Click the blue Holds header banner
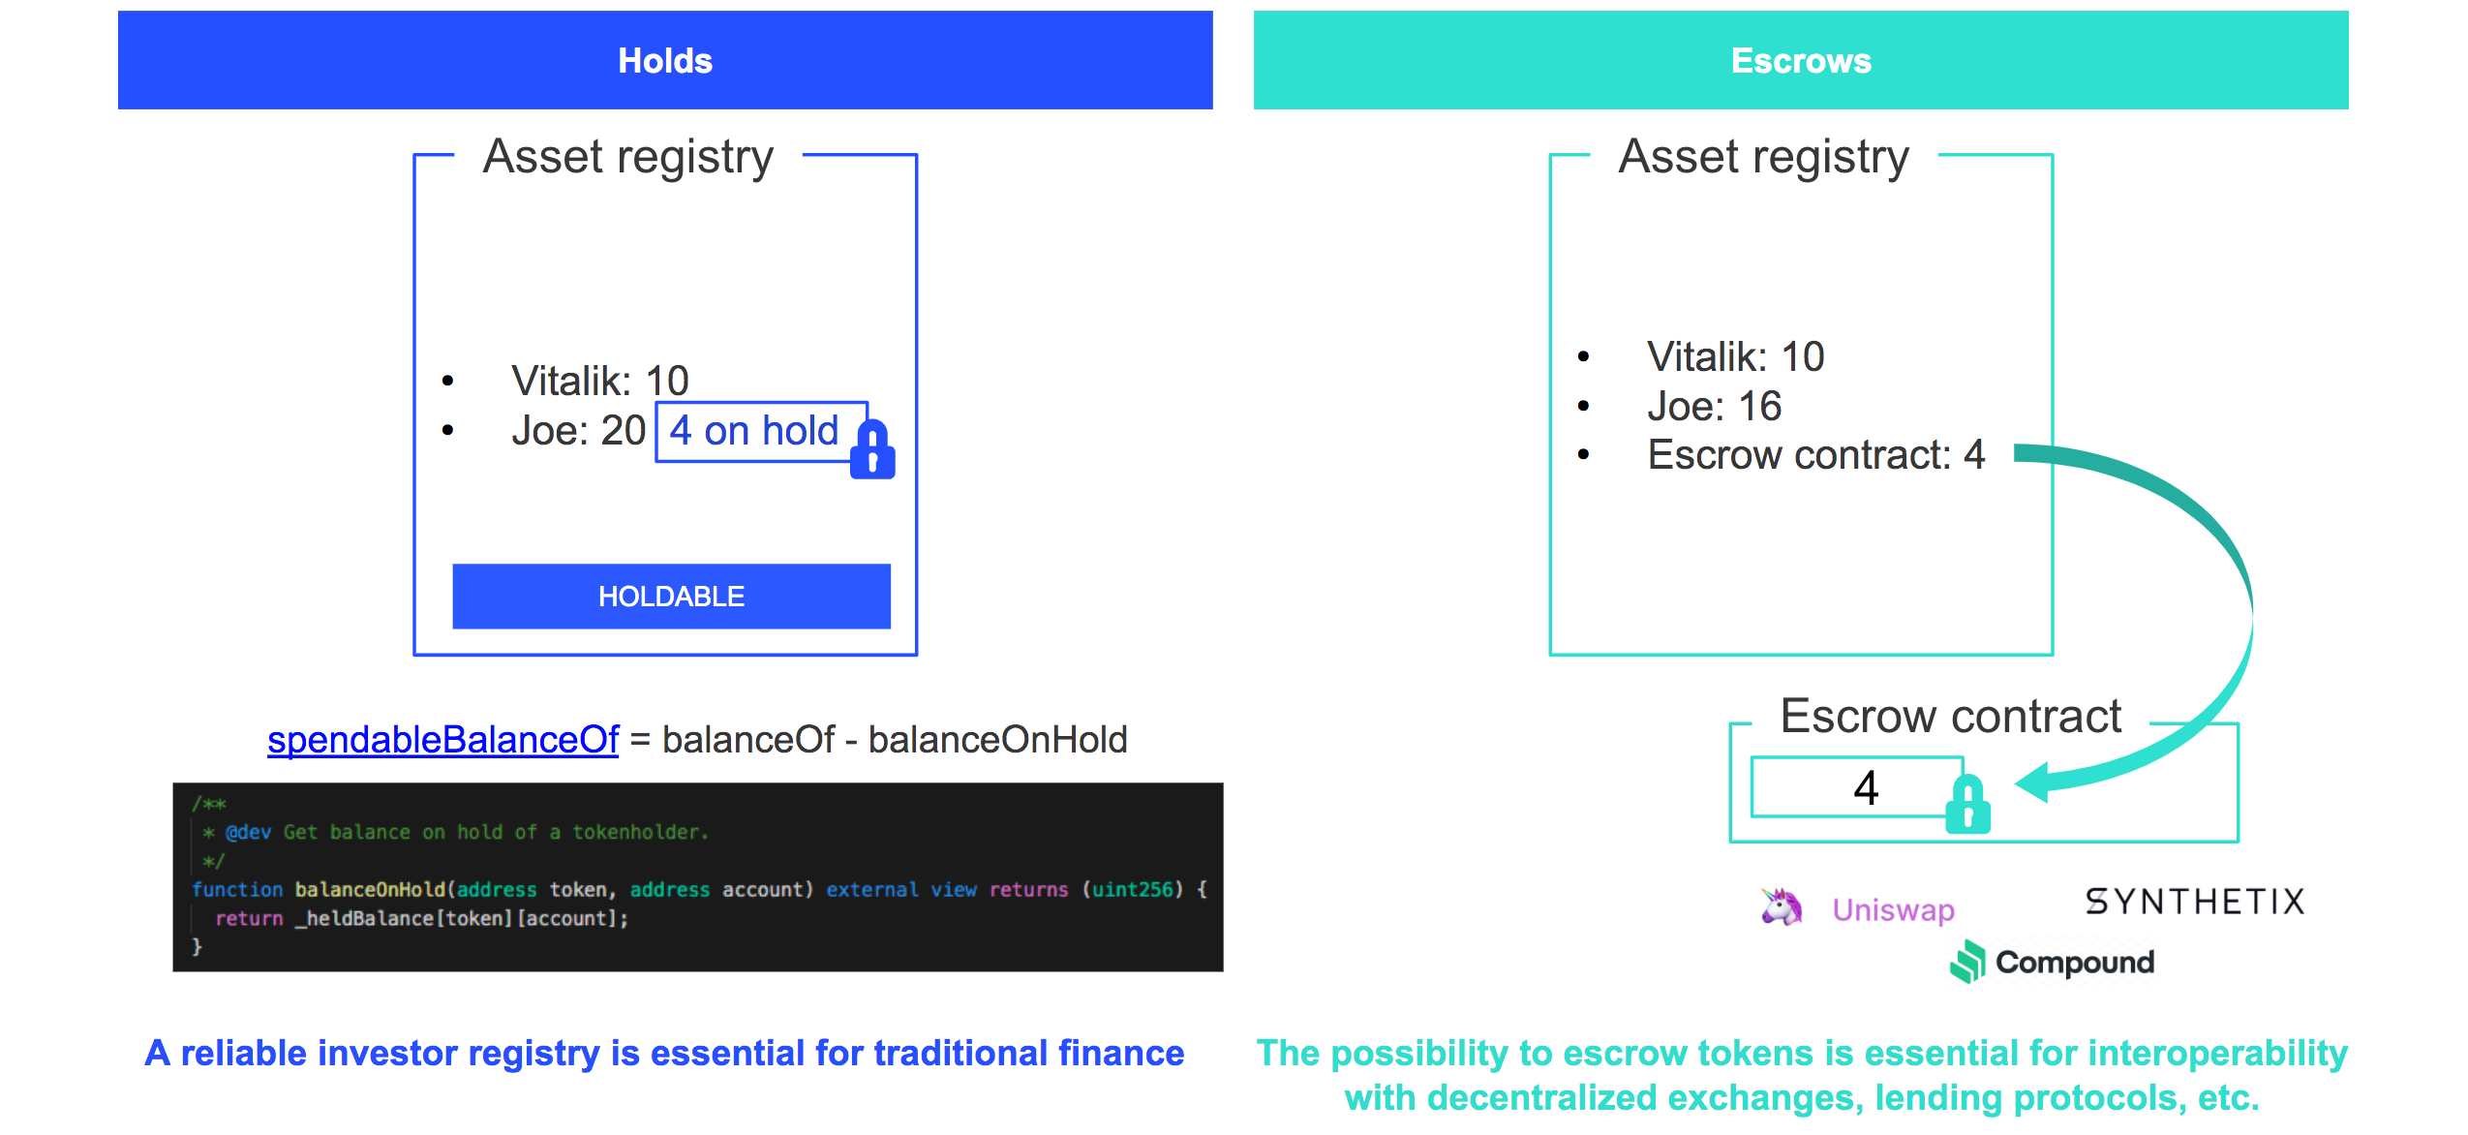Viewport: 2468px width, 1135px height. coord(665,60)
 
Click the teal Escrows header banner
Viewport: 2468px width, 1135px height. coord(1800,60)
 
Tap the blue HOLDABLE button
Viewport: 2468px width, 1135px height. coord(671,597)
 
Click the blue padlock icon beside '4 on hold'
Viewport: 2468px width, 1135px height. coord(872,450)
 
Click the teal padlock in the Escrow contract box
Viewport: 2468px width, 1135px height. coord(1968,805)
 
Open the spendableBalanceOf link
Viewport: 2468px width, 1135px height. coord(442,740)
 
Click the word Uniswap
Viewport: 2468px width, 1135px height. coord(1893,910)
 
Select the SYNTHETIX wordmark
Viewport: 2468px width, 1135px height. coord(2194,903)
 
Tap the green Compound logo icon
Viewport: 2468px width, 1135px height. coord(1967,962)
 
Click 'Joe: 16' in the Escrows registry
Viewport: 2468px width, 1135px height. coord(1714,407)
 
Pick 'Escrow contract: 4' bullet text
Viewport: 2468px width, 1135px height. coord(1815,455)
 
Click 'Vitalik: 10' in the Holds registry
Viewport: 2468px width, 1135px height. coord(599,381)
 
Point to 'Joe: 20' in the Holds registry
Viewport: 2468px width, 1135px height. coord(578,431)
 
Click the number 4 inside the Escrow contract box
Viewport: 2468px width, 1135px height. coord(1866,788)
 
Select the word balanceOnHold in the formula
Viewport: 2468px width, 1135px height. coord(997,740)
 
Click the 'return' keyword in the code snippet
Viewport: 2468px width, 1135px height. coord(249,919)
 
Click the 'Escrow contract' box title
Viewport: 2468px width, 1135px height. coord(1950,717)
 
